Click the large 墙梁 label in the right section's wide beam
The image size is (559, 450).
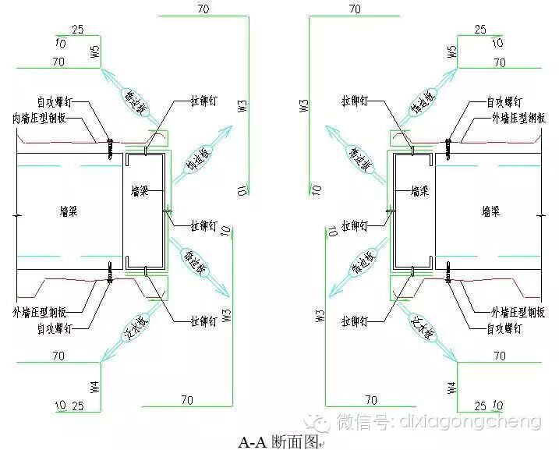[x=492, y=210]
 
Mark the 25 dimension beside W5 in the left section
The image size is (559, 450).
[x=77, y=30]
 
